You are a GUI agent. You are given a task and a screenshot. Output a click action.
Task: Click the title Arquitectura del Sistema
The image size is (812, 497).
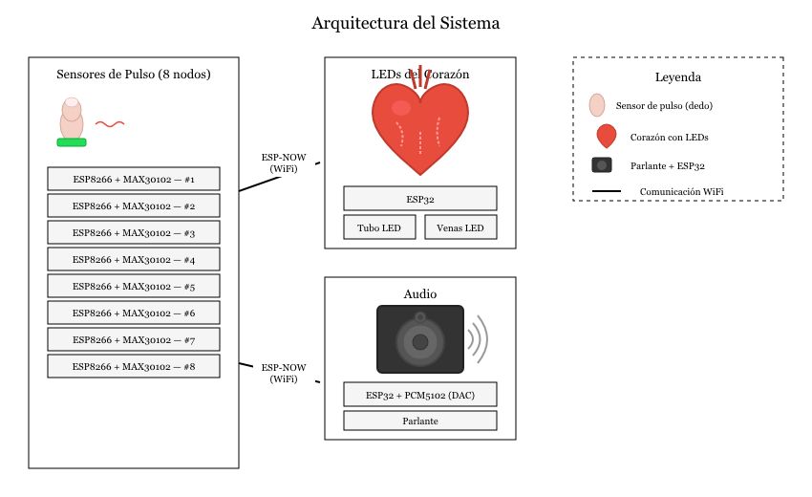coord(405,23)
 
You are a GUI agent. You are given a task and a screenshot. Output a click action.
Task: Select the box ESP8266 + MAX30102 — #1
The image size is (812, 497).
coord(134,179)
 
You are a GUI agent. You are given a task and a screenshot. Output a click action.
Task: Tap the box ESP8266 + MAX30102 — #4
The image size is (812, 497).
coord(134,259)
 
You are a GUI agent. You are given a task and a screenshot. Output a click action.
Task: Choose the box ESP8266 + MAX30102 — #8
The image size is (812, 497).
coord(134,366)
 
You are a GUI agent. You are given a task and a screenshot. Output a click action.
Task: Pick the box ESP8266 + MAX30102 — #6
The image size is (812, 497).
coord(134,313)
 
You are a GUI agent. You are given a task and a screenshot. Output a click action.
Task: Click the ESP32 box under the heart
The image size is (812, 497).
coord(420,198)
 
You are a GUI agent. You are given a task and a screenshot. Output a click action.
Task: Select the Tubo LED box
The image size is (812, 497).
coord(380,227)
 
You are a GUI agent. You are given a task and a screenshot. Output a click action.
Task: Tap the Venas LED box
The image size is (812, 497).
coord(460,227)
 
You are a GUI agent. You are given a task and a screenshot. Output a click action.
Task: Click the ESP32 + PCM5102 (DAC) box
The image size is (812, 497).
coord(420,395)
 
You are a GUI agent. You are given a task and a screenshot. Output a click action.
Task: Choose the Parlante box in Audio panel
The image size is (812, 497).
coord(420,421)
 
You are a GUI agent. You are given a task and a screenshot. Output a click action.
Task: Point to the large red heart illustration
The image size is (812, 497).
coord(420,124)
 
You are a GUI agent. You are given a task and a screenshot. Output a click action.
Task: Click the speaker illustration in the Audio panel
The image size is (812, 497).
coord(420,339)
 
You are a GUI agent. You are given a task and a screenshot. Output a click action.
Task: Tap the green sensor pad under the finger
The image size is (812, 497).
coord(72,142)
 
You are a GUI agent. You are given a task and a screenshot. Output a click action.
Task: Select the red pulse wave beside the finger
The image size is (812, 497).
coord(109,123)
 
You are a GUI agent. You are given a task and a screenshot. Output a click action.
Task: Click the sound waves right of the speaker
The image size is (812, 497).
coord(478,339)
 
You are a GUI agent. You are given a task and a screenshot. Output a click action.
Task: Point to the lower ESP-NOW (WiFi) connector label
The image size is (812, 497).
coord(284,373)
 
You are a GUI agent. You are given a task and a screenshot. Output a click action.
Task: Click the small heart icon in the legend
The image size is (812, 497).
coord(606,137)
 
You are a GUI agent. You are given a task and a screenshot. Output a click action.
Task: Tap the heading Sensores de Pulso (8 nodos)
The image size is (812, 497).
coord(134,74)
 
